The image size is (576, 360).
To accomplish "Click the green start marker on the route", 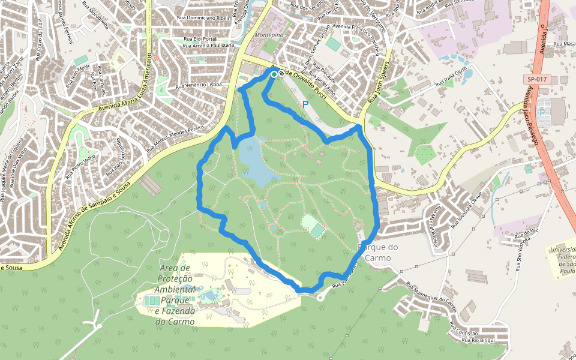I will (x=274, y=74).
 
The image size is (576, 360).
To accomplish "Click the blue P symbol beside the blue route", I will (x=305, y=104).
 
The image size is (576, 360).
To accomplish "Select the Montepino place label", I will (x=269, y=35).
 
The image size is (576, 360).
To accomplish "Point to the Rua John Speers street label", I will (x=379, y=82).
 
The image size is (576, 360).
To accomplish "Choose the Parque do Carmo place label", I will (x=378, y=253).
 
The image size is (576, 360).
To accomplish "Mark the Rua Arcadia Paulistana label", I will (x=208, y=45).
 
